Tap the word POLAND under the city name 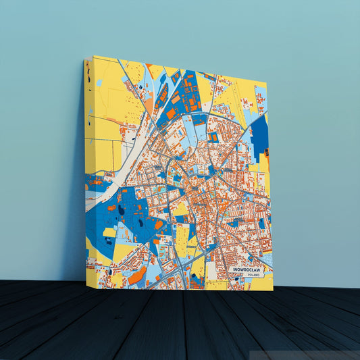tap(253, 276)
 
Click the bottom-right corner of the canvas tap(274, 290)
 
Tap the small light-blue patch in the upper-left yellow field tap(99, 82)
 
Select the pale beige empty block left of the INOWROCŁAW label tap(213, 270)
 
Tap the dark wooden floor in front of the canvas tap(176, 324)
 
